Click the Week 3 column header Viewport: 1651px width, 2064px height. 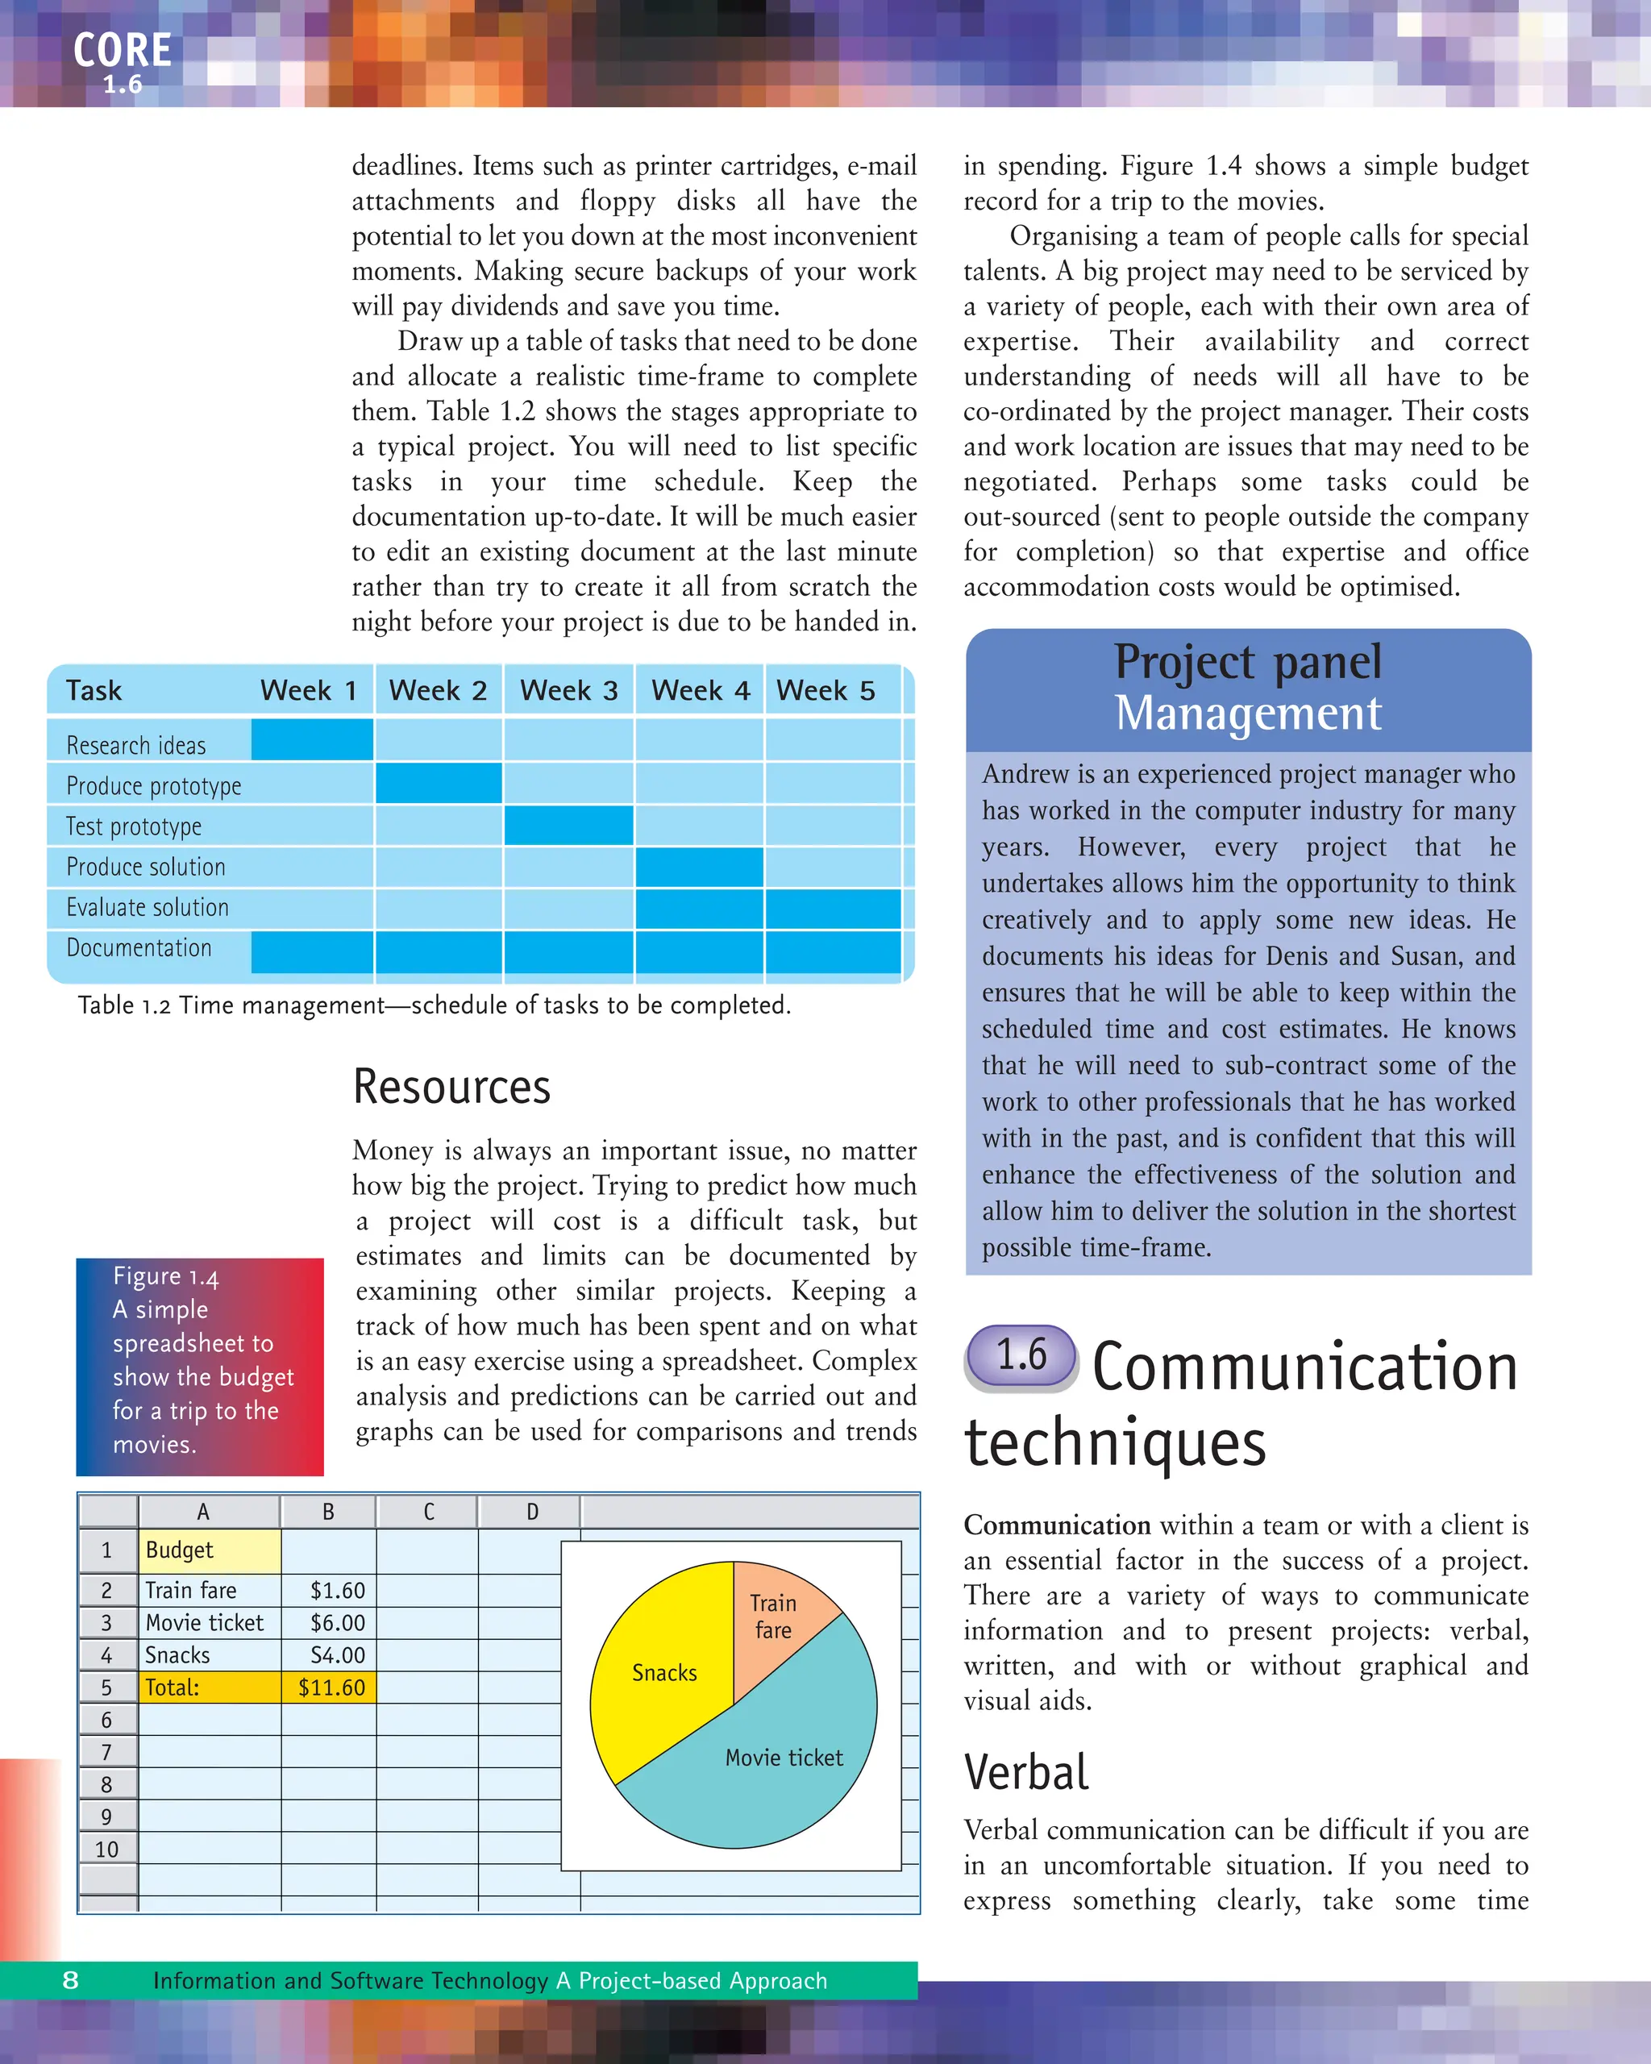pyautogui.click(x=568, y=690)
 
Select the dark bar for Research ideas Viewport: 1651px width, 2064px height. pyautogui.click(x=312, y=740)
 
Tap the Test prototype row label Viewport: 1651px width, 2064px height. pyautogui.click(x=134, y=826)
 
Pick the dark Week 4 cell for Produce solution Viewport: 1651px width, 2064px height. pyautogui.click(x=699, y=867)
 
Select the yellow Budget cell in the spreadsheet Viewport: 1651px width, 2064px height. pyautogui.click(x=210, y=1550)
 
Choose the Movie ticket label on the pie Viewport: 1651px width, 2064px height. pyautogui.click(x=784, y=1758)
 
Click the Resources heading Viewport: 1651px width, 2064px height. pyautogui.click(x=451, y=1088)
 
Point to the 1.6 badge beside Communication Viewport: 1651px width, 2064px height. pyautogui.click(x=1021, y=1355)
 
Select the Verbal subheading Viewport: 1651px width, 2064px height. pyautogui.click(x=1026, y=1772)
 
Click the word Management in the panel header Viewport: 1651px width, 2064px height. pyautogui.click(x=1248, y=714)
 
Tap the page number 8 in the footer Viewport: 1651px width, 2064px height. pyautogui.click(x=71, y=1981)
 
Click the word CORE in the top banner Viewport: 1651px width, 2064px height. pyautogui.click(x=123, y=51)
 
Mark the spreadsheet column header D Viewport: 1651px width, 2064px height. pyautogui.click(x=532, y=1512)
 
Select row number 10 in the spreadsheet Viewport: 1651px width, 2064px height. pyautogui.click(x=106, y=1850)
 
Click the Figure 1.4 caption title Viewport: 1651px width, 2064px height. pyautogui.click(x=165, y=1277)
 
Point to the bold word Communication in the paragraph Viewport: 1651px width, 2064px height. pyautogui.click(x=1057, y=1525)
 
